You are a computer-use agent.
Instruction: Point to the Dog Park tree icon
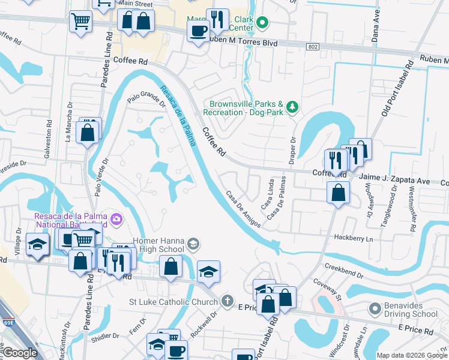click(292, 107)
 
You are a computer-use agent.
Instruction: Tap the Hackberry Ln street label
click(353, 238)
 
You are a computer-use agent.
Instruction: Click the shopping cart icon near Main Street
click(80, 22)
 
